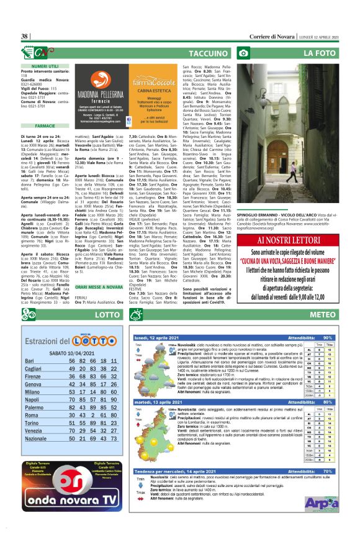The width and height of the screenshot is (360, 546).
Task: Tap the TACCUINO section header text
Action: pos(207,53)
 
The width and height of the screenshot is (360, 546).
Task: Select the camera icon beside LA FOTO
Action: pos(244,53)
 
